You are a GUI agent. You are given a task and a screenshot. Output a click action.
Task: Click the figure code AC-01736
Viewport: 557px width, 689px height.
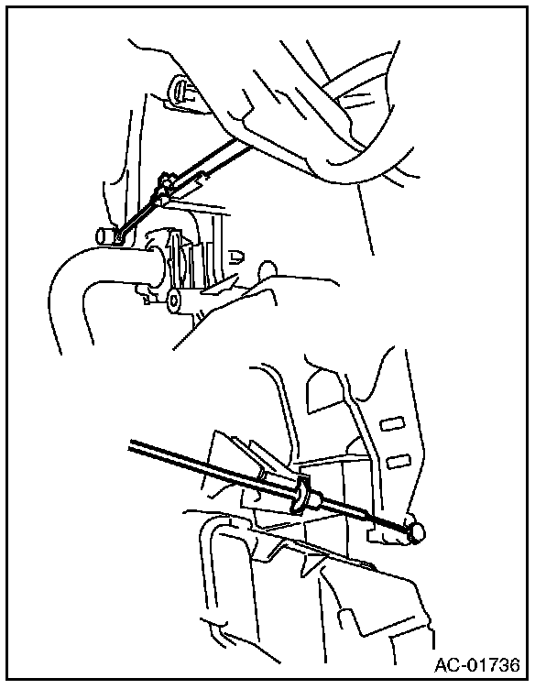click(x=477, y=664)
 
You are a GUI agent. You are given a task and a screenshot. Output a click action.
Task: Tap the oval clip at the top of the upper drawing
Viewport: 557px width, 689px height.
click(x=180, y=89)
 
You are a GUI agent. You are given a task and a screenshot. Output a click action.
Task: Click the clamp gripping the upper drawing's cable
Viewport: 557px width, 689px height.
click(x=163, y=188)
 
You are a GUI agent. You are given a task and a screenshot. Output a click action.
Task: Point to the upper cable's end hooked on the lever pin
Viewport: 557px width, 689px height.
click(x=119, y=236)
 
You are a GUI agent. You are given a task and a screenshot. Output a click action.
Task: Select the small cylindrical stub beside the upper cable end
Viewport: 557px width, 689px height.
click(x=104, y=235)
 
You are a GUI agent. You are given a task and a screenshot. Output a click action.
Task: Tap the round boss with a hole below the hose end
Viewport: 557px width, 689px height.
click(x=175, y=301)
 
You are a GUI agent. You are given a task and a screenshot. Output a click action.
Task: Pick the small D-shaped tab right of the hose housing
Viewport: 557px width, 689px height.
click(x=235, y=257)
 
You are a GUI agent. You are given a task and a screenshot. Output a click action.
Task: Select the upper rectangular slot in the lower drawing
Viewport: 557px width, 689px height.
click(x=392, y=423)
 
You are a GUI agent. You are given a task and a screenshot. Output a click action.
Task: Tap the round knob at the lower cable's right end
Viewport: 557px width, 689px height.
click(x=416, y=532)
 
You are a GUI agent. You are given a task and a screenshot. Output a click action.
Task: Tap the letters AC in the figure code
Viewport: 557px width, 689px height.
click(x=446, y=664)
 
